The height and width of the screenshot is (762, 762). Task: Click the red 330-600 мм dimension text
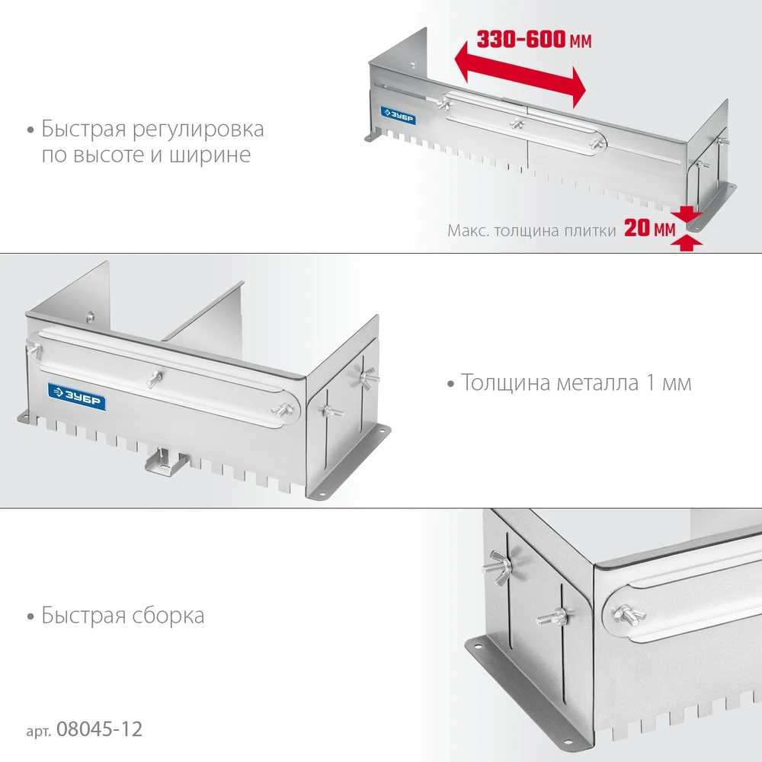click(x=533, y=40)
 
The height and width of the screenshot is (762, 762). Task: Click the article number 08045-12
click(x=96, y=729)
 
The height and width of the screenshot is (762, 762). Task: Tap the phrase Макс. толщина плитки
click(x=531, y=229)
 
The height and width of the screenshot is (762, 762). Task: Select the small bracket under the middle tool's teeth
click(x=162, y=459)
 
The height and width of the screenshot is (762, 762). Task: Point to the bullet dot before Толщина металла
click(x=452, y=383)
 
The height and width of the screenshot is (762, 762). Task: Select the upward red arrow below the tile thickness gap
click(x=689, y=242)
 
